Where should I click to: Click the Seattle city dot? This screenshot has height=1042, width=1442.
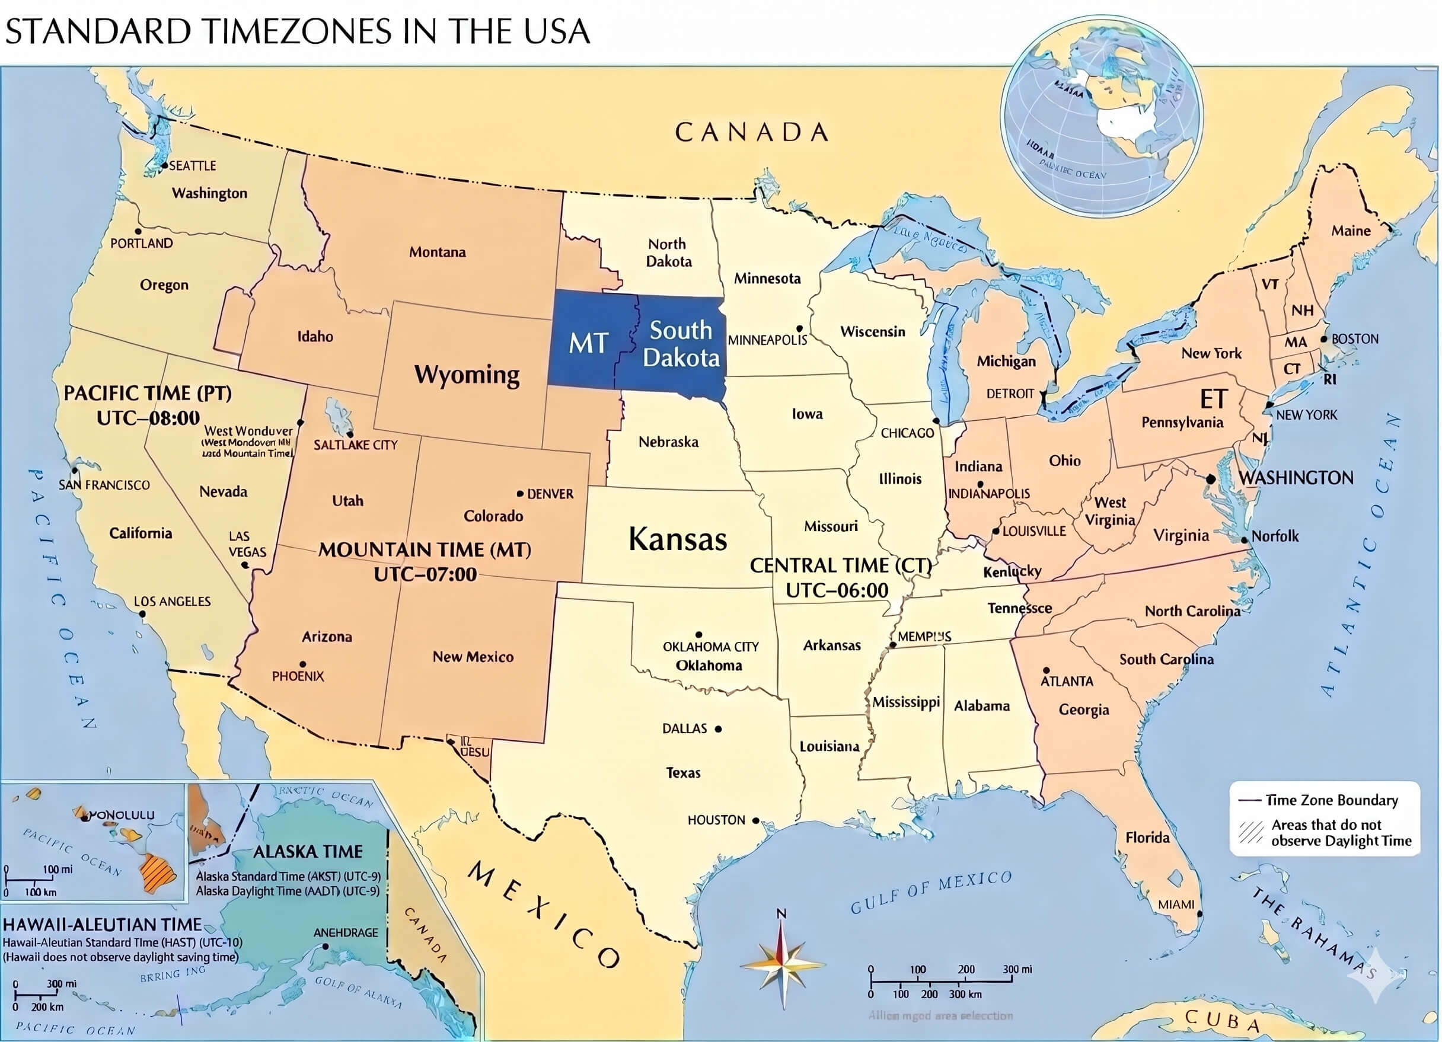(164, 165)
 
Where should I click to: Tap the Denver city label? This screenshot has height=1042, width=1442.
(550, 494)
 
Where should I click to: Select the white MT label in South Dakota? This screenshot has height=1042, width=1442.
(588, 343)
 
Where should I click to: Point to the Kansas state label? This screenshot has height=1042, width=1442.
(677, 539)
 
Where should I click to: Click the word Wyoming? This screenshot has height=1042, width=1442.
(467, 375)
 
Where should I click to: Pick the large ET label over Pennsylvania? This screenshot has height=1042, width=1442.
(1213, 399)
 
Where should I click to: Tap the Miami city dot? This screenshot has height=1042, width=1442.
(1199, 913)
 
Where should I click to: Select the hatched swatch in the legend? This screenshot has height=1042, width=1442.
(1250, 832)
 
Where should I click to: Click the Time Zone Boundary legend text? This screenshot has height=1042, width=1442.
(1331, 800)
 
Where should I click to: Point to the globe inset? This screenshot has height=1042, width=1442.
(1101, 115)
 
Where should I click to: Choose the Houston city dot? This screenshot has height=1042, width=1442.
(755, 821)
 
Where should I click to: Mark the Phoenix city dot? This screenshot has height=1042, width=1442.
(302, 664)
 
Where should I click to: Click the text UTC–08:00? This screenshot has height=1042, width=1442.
(148, 418)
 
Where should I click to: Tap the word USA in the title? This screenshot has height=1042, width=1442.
(557, 32)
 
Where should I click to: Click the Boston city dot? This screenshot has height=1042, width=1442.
(1324, 340)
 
